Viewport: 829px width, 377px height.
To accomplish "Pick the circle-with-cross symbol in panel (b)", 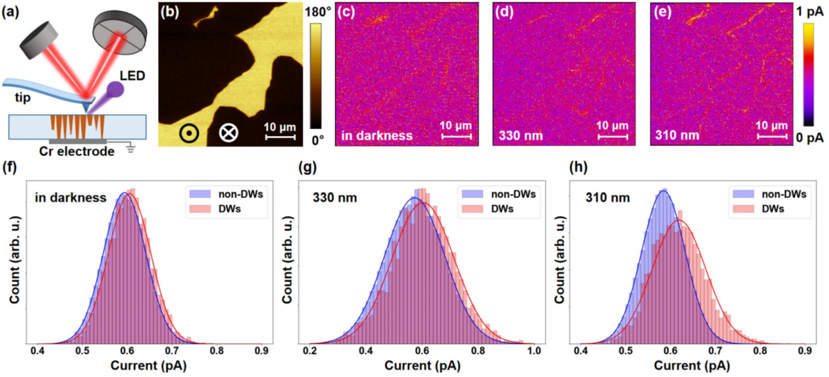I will [227, 132].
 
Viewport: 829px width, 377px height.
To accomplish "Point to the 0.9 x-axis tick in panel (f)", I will [262, 351].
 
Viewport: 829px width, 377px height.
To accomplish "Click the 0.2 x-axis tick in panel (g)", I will [312, 351].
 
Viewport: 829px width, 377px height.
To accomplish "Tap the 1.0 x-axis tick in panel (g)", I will [533, 351].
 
